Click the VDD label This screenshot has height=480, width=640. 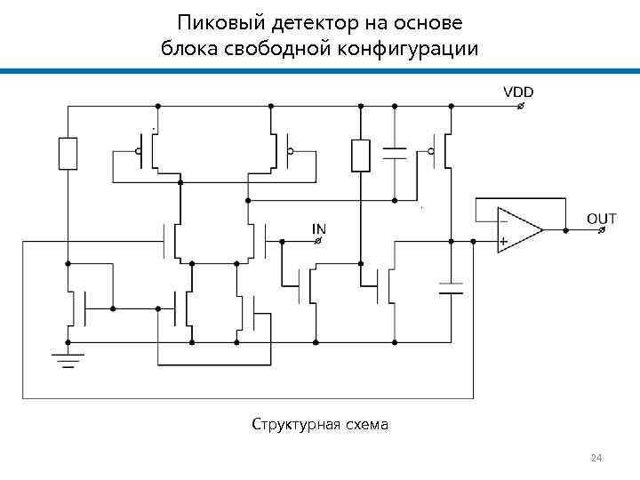pyautogui.click(x=519, y=92)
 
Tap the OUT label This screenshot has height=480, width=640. pyautogui.click(x=601, y=218)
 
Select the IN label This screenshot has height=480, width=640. pyautogui.click(x=318, y=228)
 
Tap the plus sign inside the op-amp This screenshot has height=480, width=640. pyautogui.click(x=504, y=241)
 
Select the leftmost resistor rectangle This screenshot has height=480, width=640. pyautogui.click(x=68, y=154)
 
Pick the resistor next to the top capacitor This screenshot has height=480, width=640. pyautogui.click(x=360, y=155)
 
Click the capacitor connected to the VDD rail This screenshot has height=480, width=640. pyautogui.click(x=394, y=153)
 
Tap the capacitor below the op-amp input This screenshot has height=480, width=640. pyautogui.click(x=452, y=288)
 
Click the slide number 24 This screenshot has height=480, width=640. pyautogui.click(x=596, y=458)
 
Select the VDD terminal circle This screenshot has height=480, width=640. pyautogui.click(x=520, y=107)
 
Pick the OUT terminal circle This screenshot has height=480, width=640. pyautogui.click(x=602, y=230)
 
